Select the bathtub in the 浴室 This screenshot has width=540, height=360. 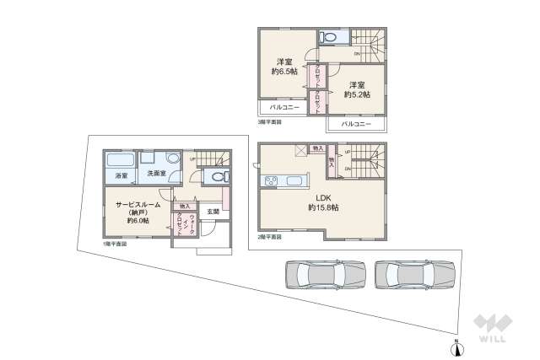coord(121,160)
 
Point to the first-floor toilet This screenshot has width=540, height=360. coord(218,177)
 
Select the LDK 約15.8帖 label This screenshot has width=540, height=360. coord(321,202)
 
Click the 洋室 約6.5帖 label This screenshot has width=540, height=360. coord(283,67)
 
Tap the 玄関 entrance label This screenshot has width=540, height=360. coord(213,212)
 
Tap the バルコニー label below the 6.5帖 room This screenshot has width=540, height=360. coord(284,108)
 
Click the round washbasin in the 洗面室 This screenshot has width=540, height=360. coord(173,158)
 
